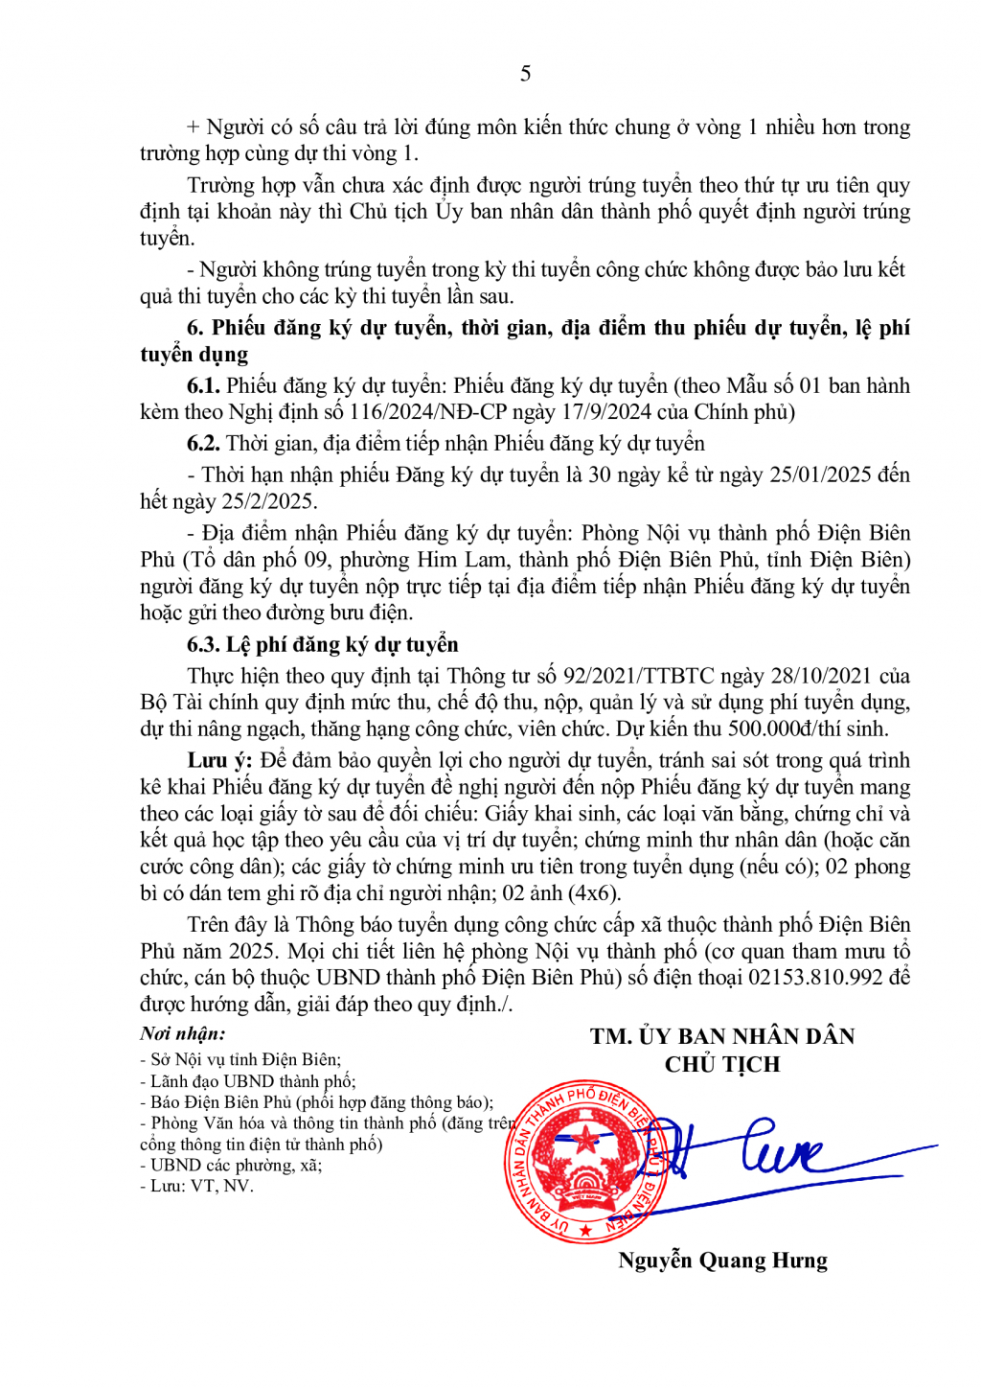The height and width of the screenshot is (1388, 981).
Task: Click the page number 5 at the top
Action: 525,74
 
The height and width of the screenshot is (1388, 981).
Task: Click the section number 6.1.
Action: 203,386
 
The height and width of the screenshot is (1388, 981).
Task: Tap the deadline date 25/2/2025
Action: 268,501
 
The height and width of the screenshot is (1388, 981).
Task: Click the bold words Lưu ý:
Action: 219,761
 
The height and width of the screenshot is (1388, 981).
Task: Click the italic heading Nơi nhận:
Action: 183,1033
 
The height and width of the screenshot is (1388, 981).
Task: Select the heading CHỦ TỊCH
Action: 722,1064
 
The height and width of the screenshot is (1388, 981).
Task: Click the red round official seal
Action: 584,1160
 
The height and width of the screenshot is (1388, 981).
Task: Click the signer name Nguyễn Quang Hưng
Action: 722,1261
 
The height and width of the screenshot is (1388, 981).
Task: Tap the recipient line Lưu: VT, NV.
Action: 201,1186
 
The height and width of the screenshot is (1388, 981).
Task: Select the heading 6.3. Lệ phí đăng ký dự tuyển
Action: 323,645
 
